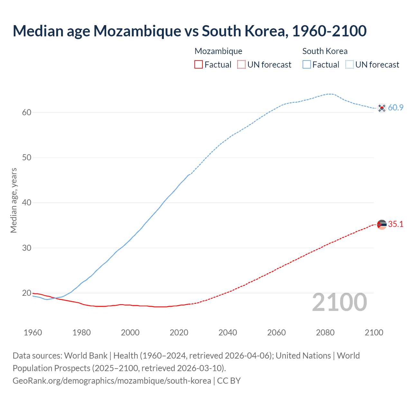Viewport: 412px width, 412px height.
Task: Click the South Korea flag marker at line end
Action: point(382,108)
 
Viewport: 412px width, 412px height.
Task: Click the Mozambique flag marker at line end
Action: point(382,224)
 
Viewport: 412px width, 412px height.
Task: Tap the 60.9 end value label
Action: point(396,108)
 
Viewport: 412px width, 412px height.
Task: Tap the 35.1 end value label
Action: point(396,224)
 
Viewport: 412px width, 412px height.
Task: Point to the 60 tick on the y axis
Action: point(27,112)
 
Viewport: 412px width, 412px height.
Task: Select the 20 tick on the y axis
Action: point(27,293)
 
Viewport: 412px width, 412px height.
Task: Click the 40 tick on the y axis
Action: point(27,203)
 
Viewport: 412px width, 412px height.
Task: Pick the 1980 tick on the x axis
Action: point(81,332)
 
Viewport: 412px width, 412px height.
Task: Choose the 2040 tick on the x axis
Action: point(228,332)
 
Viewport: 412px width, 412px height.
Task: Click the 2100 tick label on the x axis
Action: point(374,332)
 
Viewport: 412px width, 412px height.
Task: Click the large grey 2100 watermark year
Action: point(339,302)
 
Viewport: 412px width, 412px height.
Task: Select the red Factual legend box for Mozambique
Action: point(199,64)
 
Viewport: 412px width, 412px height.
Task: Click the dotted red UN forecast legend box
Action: point(241,64)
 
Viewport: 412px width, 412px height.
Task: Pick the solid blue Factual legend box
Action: point(307,64)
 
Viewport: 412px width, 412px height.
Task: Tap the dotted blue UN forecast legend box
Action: point(350,64)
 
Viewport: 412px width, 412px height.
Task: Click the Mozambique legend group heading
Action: point(218,51)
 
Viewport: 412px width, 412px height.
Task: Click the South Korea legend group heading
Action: point(325,51)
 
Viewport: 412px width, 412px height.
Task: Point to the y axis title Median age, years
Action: point(14,200)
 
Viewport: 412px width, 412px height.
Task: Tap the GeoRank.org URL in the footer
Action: point(112,381)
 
